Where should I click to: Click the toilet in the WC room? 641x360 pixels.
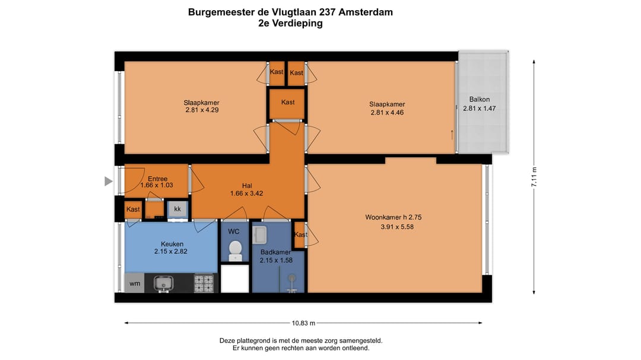(x=236, y=250)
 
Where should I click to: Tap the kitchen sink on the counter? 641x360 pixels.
(x=161, y=284)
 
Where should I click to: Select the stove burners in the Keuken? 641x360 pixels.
(x=204, y=283)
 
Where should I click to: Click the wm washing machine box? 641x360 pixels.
(x=135, y=283)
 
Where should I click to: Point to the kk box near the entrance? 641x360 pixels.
(x=177, y=209)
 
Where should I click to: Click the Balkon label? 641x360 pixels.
(x=480, y=99)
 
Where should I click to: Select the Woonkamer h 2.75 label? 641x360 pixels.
(x=393, y=217)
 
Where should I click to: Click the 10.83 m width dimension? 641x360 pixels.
(x=303, y=323)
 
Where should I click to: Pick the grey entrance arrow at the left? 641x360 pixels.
(x=108, y=181)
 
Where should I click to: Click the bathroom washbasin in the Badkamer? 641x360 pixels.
(x=261, y=235)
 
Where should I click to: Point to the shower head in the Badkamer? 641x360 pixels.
(x=291, y=278)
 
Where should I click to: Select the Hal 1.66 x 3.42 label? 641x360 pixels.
(x=246, y=189)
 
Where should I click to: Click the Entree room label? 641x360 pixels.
(x=157, y=179)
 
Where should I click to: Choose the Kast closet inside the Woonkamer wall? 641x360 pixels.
(x=301, y=234)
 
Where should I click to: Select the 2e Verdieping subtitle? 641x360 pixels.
(x=290, y=24)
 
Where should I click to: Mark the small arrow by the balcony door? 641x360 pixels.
(x=453, y=134)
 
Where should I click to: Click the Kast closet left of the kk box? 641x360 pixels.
(x=133, y=209)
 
